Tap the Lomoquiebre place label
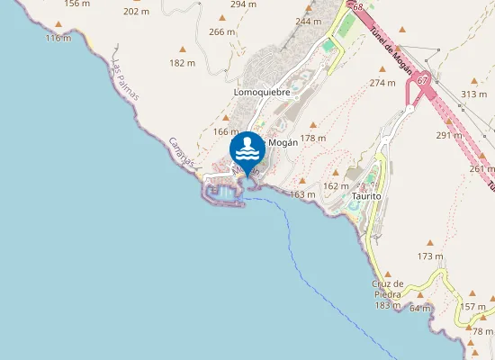pyautogui.click(x=262, y=91)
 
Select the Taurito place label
pyautogui.click(x=367, y=195)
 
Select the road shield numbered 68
pyautogui.click(x=357, y=7)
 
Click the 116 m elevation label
pyautogui.click(x=58, y=38)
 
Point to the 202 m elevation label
pyautogui.click(x=136, y=12)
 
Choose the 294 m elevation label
pyautogui.click(x=243, y=4)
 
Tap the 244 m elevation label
pyautogui.click(x=308, y=22)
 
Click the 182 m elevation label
pyautogui.click(x=182, y=63)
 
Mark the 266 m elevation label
pyautogui.click(x=221, y=31)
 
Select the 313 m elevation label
pyautogui.click(x=473, y=94)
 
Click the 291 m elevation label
pyautogui.click(x=448, y=136)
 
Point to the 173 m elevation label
pyautogui.click(x=430, y=256)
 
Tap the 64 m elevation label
pyautogui.click(x=420, y=308)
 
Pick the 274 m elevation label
pyautogui.click(x=382, y=83)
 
